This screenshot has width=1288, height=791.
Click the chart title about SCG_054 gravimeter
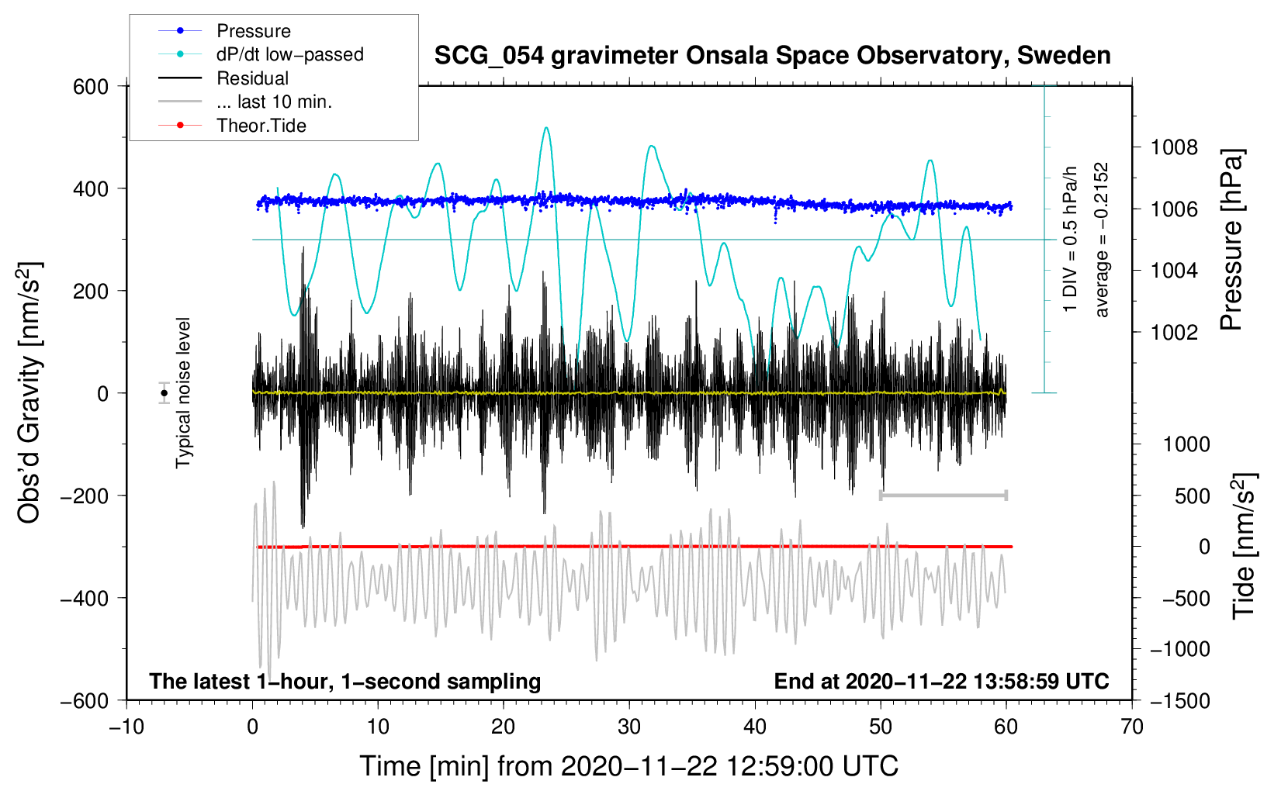772,56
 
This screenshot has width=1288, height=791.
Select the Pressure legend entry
253,31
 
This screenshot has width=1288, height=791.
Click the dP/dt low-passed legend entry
289,55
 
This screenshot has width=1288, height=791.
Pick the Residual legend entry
252,78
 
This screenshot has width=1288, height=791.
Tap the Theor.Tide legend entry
261,126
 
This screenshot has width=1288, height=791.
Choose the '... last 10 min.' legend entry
274,102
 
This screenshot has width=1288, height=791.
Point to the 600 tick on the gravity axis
91,86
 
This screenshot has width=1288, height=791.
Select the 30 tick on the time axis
629,727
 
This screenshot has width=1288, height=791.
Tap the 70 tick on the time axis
1132,727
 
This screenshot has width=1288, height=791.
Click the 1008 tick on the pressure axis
1174,147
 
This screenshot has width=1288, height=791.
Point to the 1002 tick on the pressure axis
1174,333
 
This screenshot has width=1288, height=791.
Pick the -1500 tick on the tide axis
1179,700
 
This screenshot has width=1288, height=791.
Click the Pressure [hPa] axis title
1231,240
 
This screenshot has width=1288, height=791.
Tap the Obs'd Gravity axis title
29,393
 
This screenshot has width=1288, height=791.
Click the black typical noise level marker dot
164,393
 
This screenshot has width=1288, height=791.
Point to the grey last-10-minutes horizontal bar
943,495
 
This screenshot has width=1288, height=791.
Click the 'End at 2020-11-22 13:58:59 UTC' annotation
941,682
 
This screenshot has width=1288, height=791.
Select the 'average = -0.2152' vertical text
1102,240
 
